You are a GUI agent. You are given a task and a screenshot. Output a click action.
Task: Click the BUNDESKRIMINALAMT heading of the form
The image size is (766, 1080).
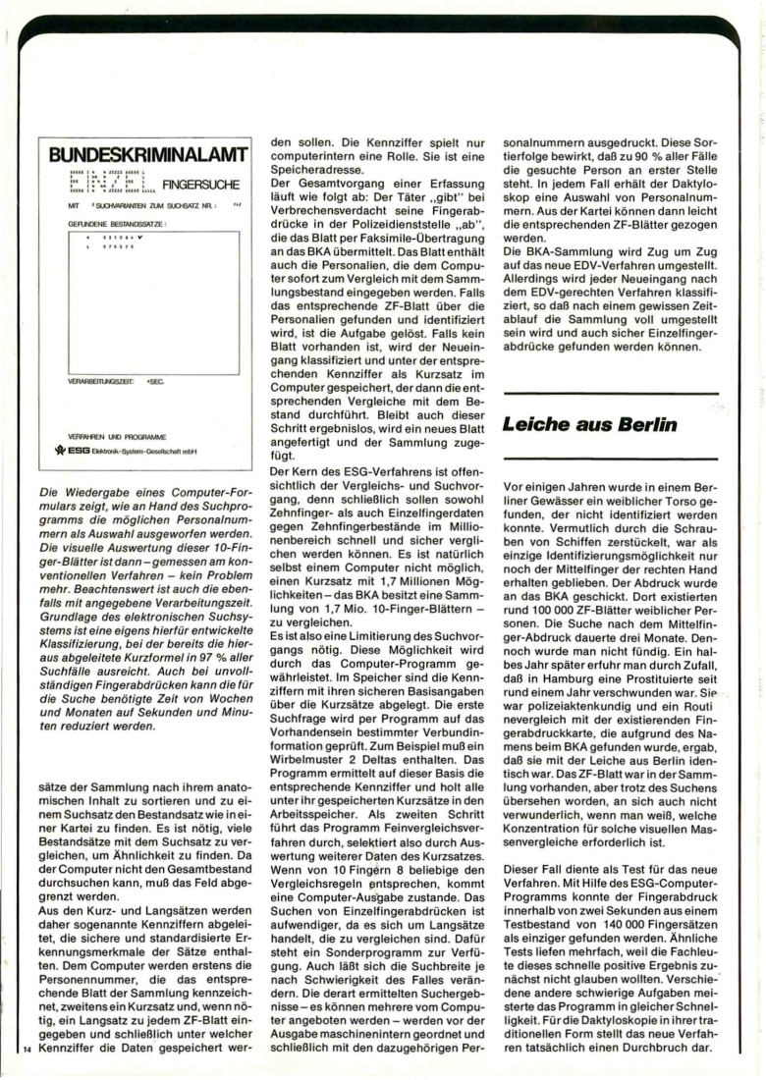pos(140,154)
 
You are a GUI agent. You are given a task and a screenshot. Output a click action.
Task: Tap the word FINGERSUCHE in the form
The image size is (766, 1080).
pos(196,183)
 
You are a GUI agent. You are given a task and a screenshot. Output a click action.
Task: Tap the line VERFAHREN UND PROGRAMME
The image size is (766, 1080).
pos(117,436)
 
